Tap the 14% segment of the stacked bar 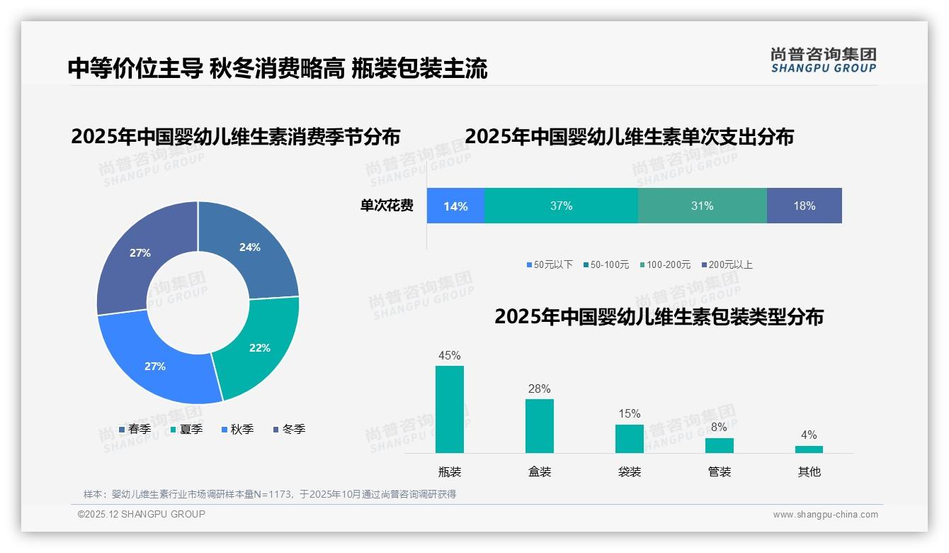[455, 206]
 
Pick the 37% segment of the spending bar [561, 206]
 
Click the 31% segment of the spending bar [702, 206]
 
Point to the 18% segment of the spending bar [805, 206]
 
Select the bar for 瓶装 [450, 409]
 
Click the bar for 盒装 [540, 425]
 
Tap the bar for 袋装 [630, 438]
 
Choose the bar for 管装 [720, 445]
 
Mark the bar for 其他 [809, 449]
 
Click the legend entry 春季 [135, 430]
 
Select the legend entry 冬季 [289, 430]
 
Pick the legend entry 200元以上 [727, 265]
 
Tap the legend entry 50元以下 [549, 265]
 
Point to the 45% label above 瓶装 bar [450, 356]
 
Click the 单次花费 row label [387, 206]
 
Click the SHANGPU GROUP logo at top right [823, 60]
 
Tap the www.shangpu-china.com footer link [825, 515]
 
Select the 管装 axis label [720, 471]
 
